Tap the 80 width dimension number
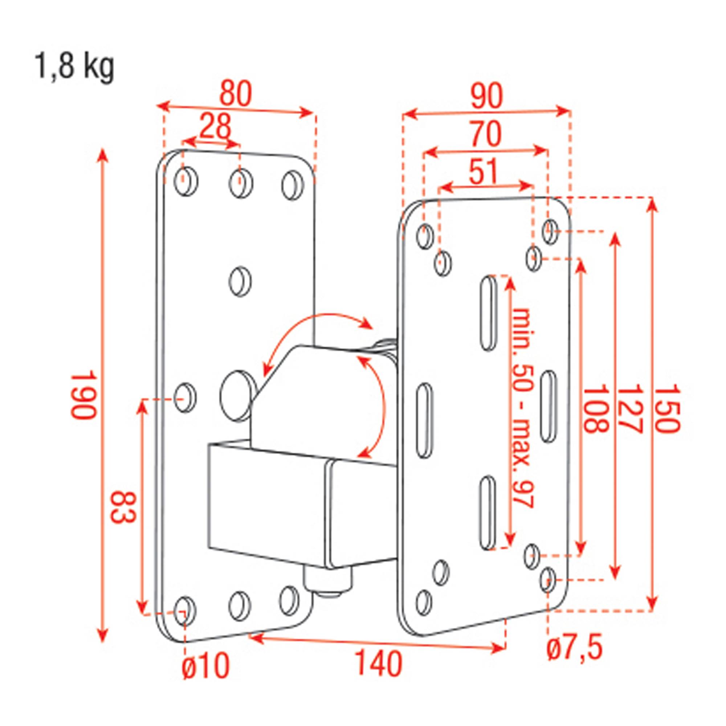coord(235,94)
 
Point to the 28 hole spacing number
coord(215,127)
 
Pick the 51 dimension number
coord(484,171)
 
